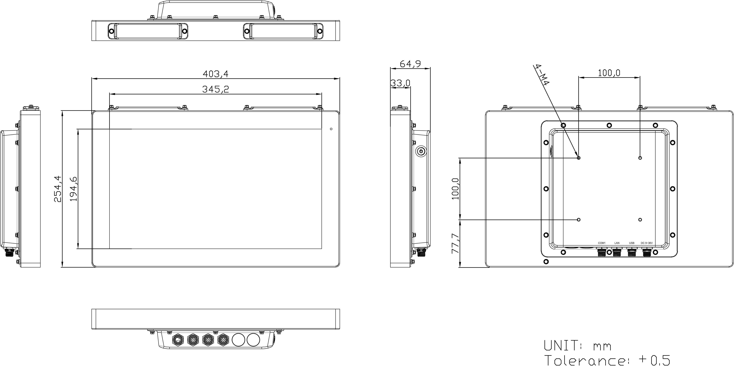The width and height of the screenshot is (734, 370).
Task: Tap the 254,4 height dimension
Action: (58, 189)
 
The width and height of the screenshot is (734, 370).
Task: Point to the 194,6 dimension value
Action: (74, 189)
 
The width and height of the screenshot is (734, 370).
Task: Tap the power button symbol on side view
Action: (421, 151)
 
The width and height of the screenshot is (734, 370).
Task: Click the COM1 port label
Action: (601, 243)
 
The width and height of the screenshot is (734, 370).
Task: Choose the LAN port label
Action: (617, 243)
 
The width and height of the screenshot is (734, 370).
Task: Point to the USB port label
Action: (632, 243)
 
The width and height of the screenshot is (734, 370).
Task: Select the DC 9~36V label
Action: (647, 243)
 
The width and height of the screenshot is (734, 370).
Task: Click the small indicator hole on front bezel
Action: (331, 129)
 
